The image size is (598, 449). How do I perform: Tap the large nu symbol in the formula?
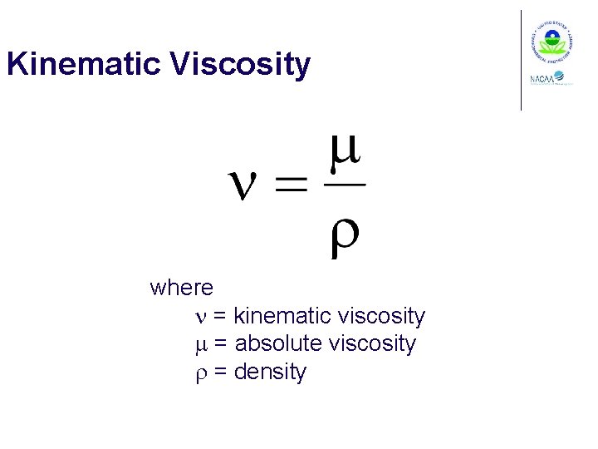[248, 186]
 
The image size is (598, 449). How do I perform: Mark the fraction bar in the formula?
[344, 185]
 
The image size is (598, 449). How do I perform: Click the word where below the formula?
[181, 288]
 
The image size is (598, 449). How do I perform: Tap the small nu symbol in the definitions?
[199, 317]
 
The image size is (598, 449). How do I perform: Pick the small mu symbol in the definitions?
[199, 344]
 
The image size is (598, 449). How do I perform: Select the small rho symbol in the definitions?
[199, 373]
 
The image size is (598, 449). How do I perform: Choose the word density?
[270, 372]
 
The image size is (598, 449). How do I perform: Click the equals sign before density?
[221, 373]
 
